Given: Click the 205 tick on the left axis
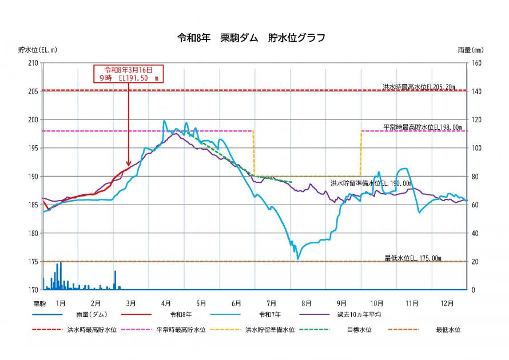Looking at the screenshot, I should (33, 91).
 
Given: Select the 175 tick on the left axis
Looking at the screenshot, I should (33, 262).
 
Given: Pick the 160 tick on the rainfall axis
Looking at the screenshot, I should (477, 63).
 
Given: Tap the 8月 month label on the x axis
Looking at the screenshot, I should (307, 303).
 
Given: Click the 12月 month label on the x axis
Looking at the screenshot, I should (448, 303).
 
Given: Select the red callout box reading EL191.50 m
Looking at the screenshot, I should (129, 74).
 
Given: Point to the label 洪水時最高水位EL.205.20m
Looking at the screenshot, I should (419, 87).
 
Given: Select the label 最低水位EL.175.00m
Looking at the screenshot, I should (413, 258).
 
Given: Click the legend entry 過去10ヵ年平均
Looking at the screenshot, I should (359, 314).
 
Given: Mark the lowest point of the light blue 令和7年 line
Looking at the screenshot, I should (297, 259).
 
